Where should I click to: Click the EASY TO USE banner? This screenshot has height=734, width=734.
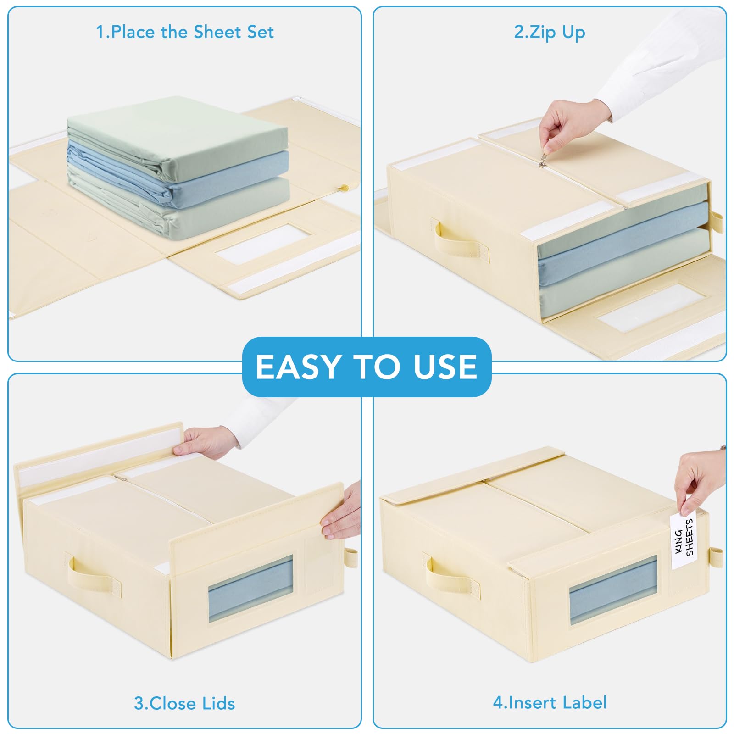click(x=367, y=367)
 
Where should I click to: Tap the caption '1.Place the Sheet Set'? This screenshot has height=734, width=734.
click(x=184, y=32)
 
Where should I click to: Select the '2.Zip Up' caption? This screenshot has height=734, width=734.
click(x=550, y=33)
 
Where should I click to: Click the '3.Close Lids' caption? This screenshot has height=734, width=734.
click(x=184, y=703)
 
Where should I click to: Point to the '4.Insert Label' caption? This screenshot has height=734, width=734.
click(x=550, y=702)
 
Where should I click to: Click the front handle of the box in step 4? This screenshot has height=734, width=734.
click(x=452, y=577)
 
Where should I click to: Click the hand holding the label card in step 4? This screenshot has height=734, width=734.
click(x=700, y=482)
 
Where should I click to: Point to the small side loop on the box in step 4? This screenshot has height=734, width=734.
click(x=715, y=557)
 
